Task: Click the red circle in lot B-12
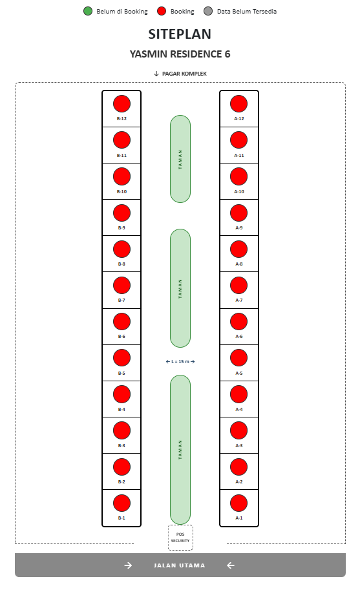pyautogui.click(x=122, y=104)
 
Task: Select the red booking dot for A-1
pyautogui.click(x=239, y=503)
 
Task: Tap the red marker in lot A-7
pyautogui.click(x=239, y=285)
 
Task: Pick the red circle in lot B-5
pyautogui.click(x=122, y=358)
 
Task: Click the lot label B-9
pyautogui.click(x=122, y=228)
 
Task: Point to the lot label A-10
pyautogui.click(x=239, y=191)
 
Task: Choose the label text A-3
pyautogui.click(x=239, y=445)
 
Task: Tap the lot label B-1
pyautogui.click(x=122, y=518)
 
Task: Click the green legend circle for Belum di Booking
pyautogui.click(x=88, y=11)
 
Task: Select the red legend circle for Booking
pyautogui.click(x=162, y=11)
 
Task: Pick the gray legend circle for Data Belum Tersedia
pyautogui.click(x=208, y=11)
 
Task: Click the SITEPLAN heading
pyautogui.click(x=180, y=34)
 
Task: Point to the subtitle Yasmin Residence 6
pyautogui.click(x=180, y=54)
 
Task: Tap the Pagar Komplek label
pyautogui.click(x=184, y=74)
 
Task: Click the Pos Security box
pyautogui.click(x=180, y=537)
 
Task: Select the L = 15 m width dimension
pyautogui.click(x=180, y=362)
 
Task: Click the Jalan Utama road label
pyautogui.click(x=180, y=565)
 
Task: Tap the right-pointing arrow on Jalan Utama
pyautogui.click(x=128, y=565)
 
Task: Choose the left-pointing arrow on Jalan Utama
pyautogui.click(x=231, y=565)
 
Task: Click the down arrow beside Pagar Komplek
pyautogui.click(x=156, y=74)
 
